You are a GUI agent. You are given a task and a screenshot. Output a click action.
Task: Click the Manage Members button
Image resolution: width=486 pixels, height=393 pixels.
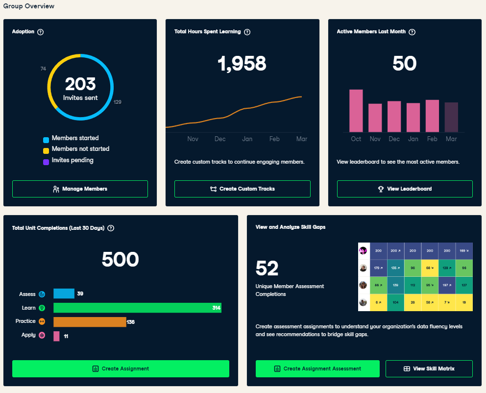80,189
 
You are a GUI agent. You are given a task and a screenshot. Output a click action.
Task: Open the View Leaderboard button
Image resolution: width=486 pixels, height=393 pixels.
405,189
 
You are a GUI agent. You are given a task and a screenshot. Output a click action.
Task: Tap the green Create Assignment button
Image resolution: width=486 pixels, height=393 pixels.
121,368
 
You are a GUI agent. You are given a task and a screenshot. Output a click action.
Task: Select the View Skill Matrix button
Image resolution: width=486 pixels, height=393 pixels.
429,368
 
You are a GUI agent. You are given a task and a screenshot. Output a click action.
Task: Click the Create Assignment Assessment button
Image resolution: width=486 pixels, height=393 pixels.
317,368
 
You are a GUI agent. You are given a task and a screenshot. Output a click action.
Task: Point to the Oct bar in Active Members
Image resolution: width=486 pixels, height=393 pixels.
356,111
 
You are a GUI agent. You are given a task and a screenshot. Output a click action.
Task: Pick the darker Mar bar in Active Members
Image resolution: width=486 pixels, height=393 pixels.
451,117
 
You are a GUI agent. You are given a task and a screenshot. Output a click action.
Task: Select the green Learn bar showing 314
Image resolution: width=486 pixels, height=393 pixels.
137,308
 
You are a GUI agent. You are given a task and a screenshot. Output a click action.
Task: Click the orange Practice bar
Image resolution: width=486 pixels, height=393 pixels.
90,321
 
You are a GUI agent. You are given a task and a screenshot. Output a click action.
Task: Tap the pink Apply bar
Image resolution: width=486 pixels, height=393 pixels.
57,336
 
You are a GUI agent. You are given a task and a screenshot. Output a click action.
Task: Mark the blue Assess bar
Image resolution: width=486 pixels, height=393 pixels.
64,294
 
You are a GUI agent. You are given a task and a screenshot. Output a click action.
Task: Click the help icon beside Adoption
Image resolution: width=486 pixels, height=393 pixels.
41,32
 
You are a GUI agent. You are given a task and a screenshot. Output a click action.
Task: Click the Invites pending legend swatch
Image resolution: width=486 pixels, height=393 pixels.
46,162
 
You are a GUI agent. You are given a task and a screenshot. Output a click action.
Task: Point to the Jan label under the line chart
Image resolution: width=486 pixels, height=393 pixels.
247,139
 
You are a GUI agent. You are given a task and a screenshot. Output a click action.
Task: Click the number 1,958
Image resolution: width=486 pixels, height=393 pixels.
242,64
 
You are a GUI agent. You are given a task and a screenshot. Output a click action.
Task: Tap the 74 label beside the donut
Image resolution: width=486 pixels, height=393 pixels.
43,69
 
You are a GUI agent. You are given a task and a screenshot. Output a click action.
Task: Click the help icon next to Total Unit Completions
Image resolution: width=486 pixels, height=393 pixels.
111,228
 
